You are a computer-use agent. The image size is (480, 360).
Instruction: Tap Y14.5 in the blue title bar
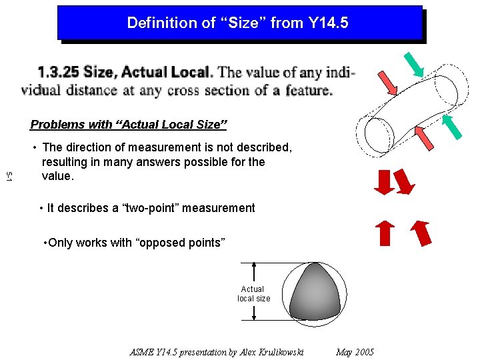pyautogui.click(x=328, y=23)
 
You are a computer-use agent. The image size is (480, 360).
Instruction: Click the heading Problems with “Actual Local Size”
pyautogui.click(x=129, y=125)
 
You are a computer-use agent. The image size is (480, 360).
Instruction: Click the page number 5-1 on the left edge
pyautogui.click(x=9, y=177)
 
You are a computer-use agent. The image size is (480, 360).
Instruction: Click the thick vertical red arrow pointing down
pyautogui.click(x=383, y=182)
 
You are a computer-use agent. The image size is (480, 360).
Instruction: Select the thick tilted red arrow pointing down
pyautogui.click(x=403, y=183)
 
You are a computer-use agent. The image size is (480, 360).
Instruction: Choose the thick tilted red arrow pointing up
pyautogui.click(x=420, y=233)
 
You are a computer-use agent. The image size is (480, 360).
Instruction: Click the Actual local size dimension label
pyautogui.click(x=253, y=294)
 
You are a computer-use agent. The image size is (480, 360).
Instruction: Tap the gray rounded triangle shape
pyautogui.click(x=313, y=293)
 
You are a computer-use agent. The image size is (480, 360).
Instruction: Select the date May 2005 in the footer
pyautogui.click(x=355, y=352)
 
